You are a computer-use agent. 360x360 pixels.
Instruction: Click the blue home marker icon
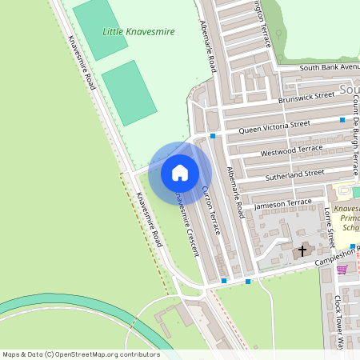[x=180, y=172]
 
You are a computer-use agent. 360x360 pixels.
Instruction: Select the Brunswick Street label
[x=306, y=98]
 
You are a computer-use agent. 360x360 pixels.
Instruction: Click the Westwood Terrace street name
[x=291, y=149]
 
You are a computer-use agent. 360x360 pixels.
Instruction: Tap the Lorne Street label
[x=329, y=228]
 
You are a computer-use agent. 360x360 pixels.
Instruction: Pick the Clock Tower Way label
[x=338, y=324]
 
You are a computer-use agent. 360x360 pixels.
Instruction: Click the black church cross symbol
[x=302, y=251]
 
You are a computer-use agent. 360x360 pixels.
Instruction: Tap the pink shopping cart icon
[x=342, y=270]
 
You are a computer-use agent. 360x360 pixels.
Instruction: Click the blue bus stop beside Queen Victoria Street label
[x=342, y=120]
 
